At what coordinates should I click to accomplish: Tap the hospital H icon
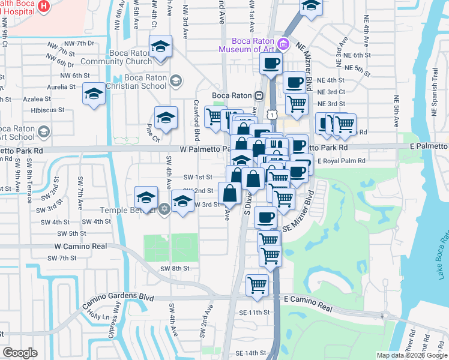(43, 6)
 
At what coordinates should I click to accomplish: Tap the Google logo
(20, 352)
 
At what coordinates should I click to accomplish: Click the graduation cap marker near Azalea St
(94, 94)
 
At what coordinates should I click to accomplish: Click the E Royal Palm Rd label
(341, 161)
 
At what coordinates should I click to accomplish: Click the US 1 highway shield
(273, 113)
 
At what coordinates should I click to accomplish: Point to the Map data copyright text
(412, 355)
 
